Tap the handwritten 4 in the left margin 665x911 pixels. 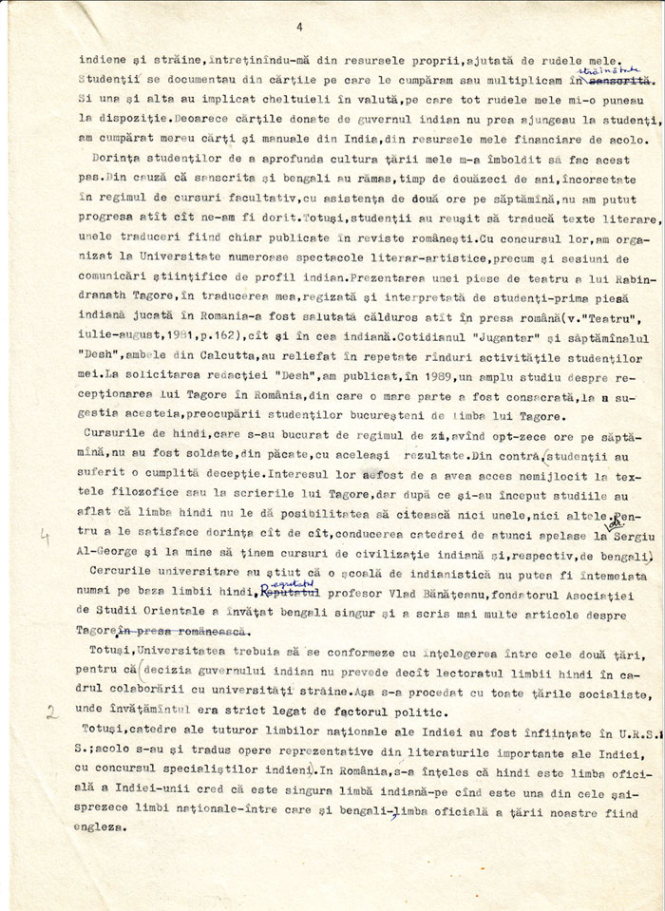tap(44, 536)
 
